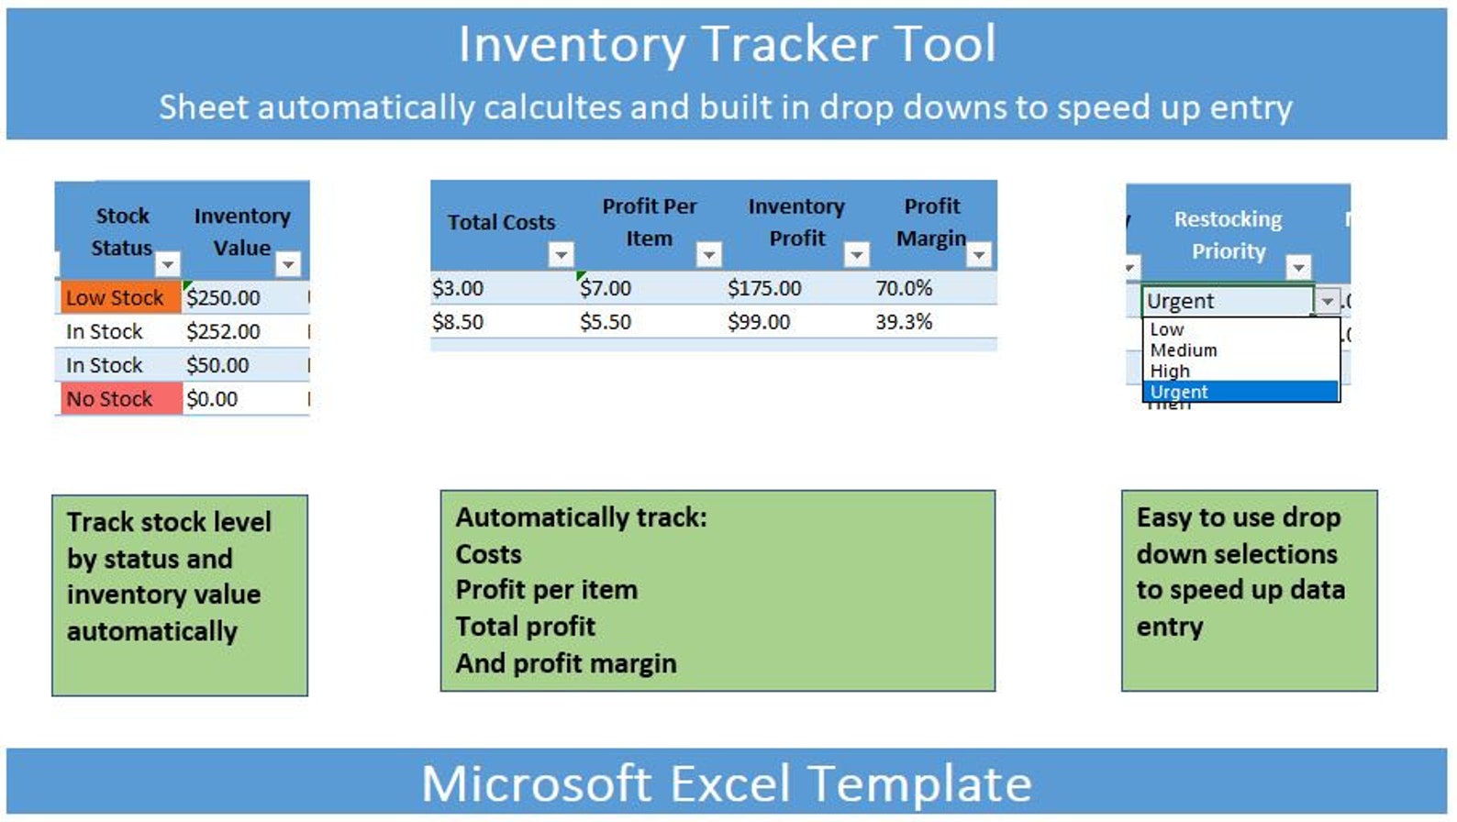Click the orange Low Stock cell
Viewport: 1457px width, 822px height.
coord(117,297)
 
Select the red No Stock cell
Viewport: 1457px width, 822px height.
coord(117,399)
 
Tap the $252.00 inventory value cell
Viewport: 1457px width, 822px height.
coord(224,331)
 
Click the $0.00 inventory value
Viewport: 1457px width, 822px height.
coord(213,399)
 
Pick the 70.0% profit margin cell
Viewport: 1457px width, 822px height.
coord(904,288)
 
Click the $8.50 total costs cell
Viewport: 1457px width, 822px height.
coord(458,322)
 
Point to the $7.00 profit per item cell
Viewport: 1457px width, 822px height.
coord(606,288)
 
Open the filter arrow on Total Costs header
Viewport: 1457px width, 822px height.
coord(561,254)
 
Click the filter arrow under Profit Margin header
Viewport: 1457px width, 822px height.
coord(979,254)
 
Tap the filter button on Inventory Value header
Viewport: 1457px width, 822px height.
coord(288,264)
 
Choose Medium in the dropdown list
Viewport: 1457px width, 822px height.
coord(1184,350)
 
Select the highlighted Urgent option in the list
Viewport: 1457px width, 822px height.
coord(1180,392)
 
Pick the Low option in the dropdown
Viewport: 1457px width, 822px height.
coord(1167,329)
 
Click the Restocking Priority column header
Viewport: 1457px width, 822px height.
coord(1228,235)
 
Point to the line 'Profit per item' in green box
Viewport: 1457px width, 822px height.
coord(547,590)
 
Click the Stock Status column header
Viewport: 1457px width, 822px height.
coord(122,231)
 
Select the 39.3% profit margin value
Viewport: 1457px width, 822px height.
coord(904,322)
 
